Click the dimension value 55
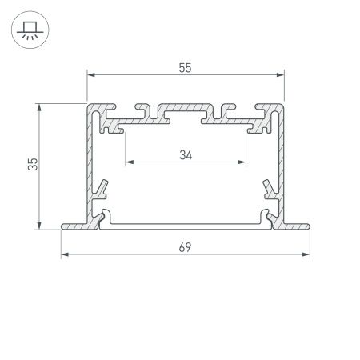click(185, 68)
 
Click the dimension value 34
click(185, 155)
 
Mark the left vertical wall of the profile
click(90, 160)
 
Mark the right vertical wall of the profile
click(281, 160)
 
